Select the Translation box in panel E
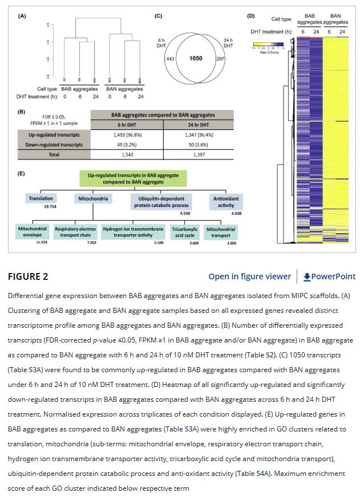point(41,198)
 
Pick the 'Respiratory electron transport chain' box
point(75,231)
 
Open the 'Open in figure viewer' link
point(249,276)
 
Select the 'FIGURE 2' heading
point(27,276)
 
